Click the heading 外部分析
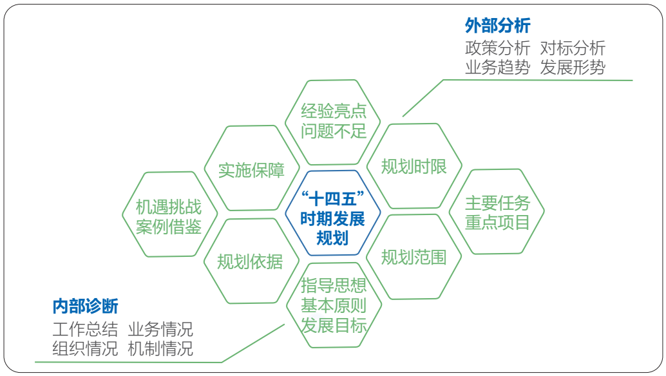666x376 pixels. pos(497,26)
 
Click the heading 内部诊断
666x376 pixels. pos(86,306)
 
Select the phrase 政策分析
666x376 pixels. pos(497,48)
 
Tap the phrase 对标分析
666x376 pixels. pos(573,48)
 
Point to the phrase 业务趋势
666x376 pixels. pos(497,67)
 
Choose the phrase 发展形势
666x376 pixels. pos(573,67)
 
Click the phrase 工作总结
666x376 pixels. pos(85,329)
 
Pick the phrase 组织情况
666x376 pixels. pos(85,348)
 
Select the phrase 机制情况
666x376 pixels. pos(160,348)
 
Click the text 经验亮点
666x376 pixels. pos(334,111)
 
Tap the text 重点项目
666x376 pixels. pos(497,222)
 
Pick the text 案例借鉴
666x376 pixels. pos(168,227)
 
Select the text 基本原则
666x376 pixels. pos(334,306)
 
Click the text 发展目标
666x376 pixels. pos(334,326)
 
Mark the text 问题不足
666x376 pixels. pos(334,131)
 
